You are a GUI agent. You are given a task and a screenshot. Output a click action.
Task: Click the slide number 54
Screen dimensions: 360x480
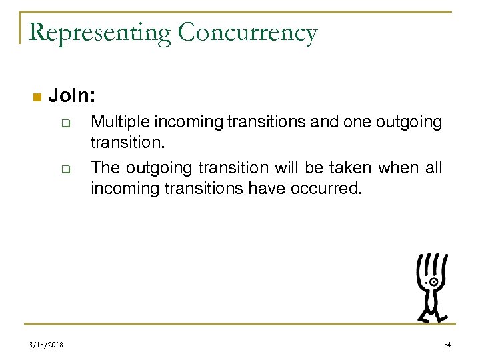(449, 343)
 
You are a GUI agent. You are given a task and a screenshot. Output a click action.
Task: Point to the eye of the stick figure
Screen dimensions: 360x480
(434, 282)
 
